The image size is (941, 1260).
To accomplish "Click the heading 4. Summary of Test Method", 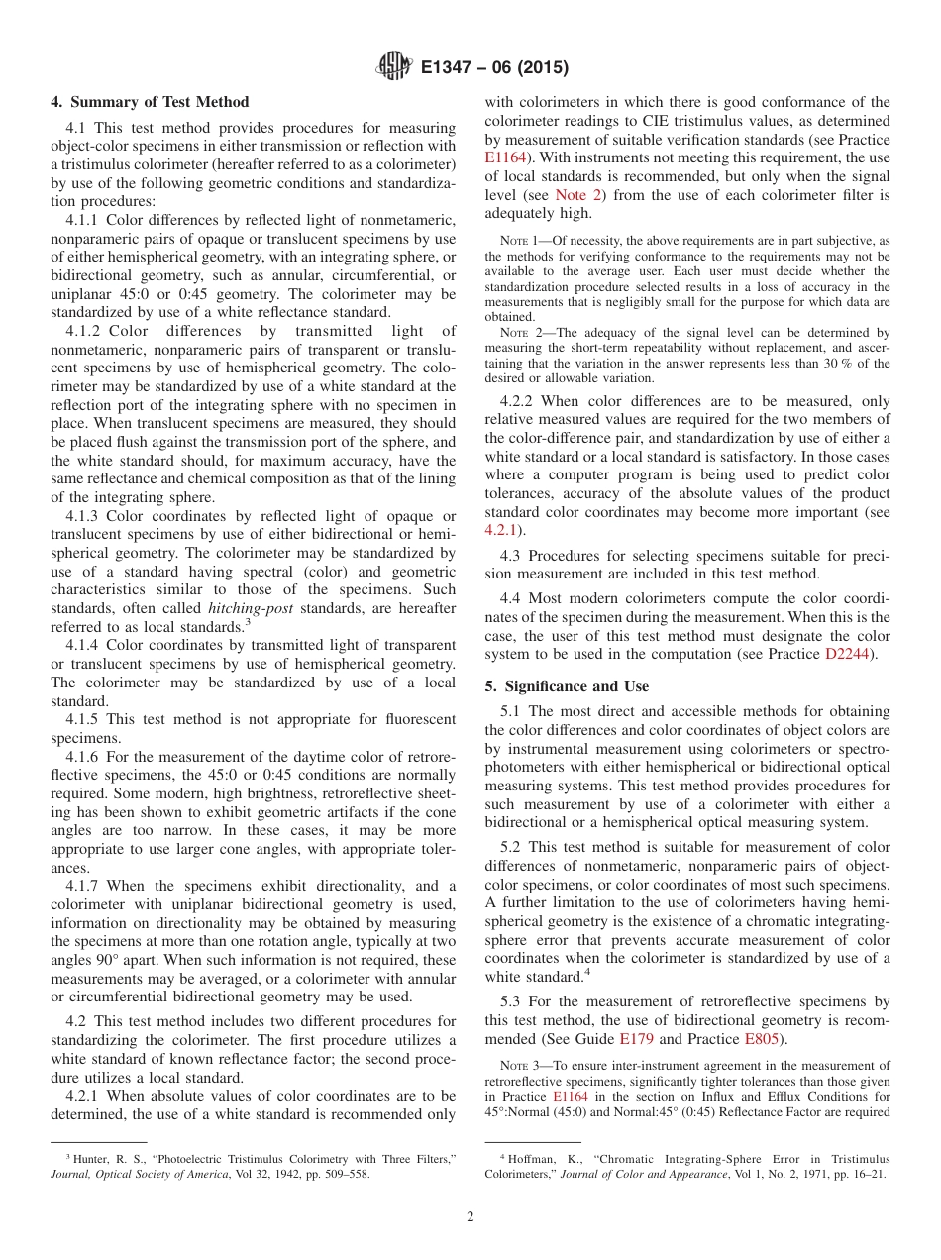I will [x=150, y=102].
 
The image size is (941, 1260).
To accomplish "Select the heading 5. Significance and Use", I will [x=567, y=686].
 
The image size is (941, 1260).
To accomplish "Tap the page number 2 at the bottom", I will [x=470, y=1217].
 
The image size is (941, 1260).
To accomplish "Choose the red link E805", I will [x=761, y=1039].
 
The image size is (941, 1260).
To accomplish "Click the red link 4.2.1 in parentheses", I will [x=501, y=531].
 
